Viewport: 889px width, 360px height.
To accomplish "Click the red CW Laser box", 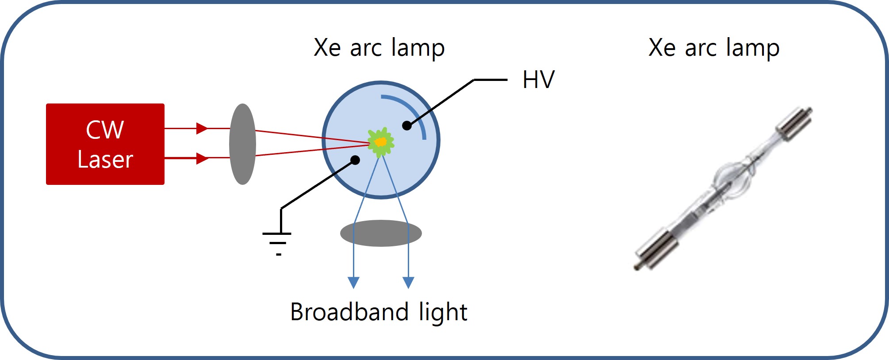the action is tap(105, 144).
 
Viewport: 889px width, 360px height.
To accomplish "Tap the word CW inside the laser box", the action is tap(105, 130).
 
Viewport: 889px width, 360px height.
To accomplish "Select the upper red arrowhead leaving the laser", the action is tap(202, 128).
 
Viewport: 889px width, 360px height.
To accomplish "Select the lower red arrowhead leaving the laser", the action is tap(202, 158).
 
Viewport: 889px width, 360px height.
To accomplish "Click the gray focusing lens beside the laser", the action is tap(242, 144).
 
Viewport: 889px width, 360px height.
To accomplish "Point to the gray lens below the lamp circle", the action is tap(381, 233).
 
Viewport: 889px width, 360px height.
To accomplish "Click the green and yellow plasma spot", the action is tap(380, 142).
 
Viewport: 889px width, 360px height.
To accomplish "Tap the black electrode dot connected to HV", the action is tap(407, 126).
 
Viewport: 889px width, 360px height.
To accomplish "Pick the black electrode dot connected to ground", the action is tap(355, 160).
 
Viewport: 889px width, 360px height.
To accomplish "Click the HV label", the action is tap(538, 80).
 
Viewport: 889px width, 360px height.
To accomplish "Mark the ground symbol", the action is tap(277, 244).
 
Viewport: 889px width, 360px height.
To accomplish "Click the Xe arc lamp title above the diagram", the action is tap(379, 47).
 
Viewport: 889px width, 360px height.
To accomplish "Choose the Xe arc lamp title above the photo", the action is tap(714, 47).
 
